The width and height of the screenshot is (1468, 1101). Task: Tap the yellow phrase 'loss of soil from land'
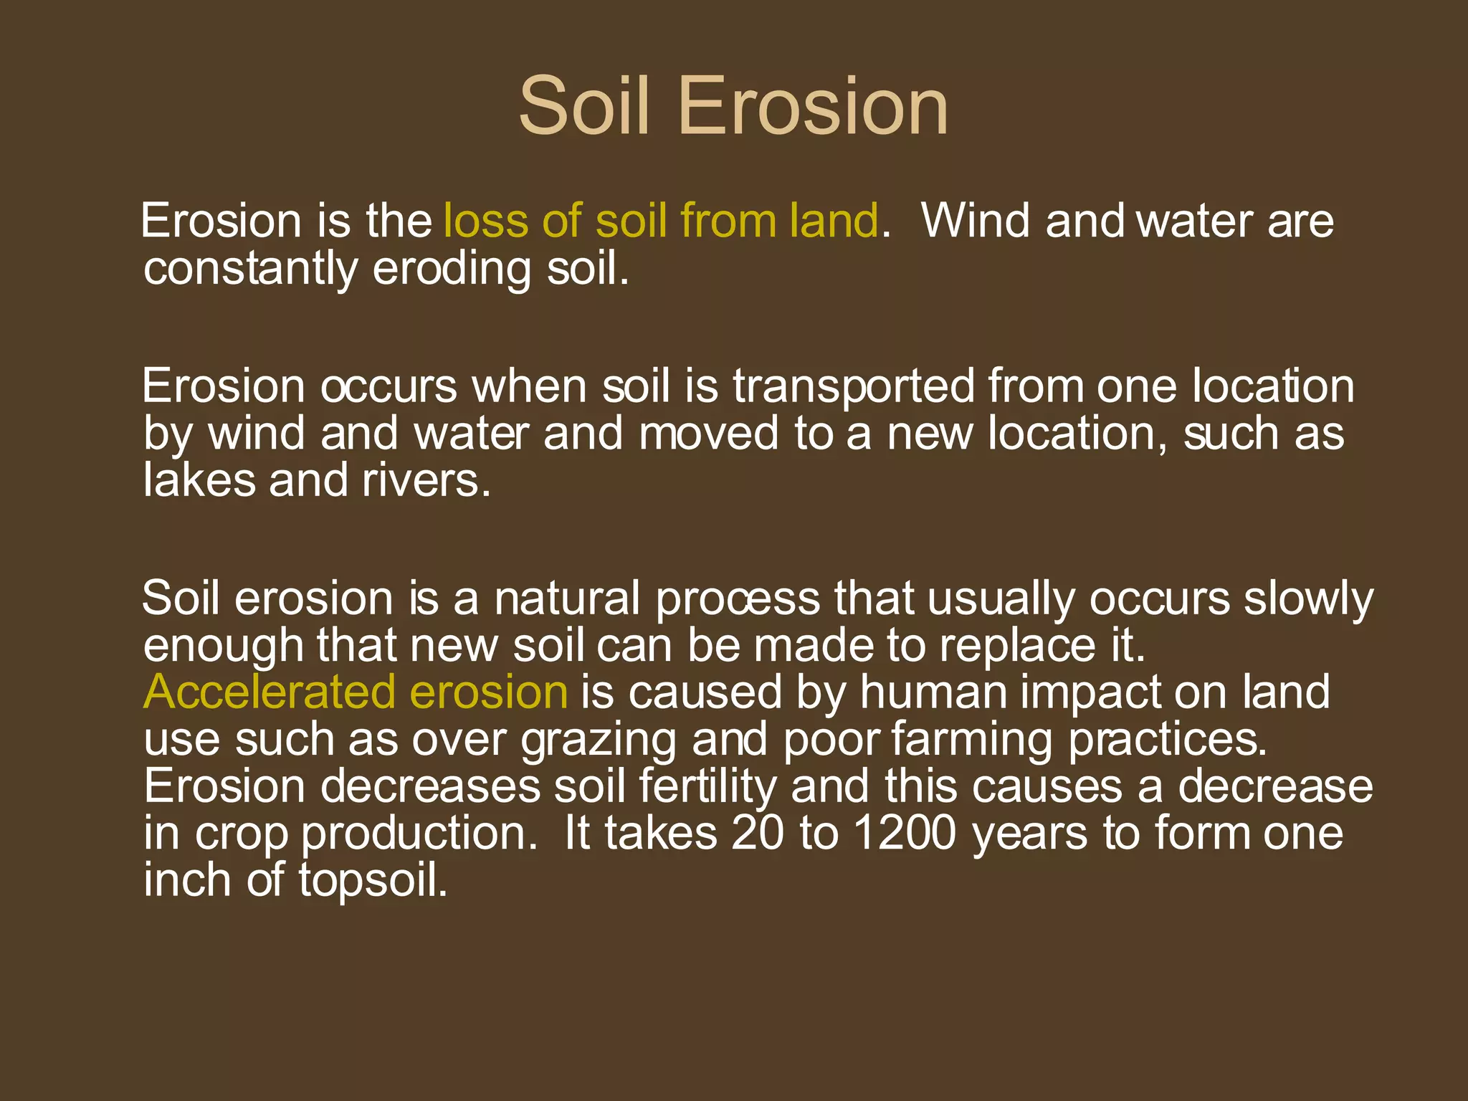coord(660,220)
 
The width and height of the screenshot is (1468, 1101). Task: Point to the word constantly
coord(250,269)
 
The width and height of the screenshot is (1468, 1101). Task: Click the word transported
coord(853,386)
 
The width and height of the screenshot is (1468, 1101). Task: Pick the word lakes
coord(199,480)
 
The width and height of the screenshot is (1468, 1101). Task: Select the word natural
coord(566,599)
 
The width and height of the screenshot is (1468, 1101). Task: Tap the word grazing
coord(599,740)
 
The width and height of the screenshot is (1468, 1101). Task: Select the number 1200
coord(905,834)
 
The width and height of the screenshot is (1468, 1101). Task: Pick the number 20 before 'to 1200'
coord(758,834)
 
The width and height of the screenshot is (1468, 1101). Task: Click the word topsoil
coord(373,880)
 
